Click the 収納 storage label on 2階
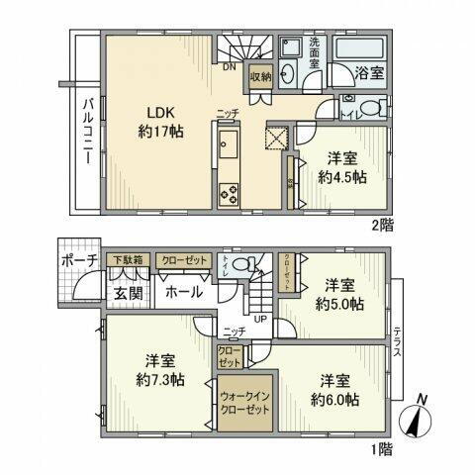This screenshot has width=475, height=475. (260, 75)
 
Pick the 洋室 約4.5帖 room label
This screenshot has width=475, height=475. (343, 167)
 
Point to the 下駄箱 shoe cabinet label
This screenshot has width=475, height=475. (125, 259)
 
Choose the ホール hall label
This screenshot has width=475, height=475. (184, 292)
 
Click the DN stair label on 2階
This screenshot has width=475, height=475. (229, 67)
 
